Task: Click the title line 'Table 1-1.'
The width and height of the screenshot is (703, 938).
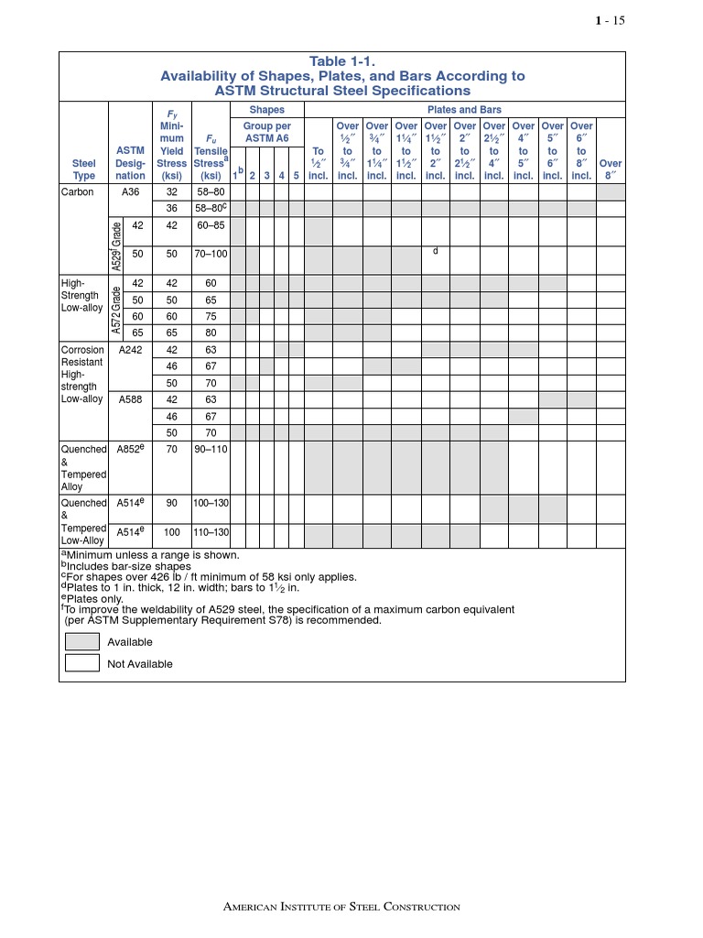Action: pos(342,60)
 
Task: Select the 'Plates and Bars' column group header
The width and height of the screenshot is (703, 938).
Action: pos(464,110)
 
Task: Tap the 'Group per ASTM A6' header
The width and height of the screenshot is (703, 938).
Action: pos(266,132)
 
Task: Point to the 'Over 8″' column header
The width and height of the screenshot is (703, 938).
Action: pos(611,169)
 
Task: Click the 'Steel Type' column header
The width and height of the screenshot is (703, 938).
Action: pos(83,169)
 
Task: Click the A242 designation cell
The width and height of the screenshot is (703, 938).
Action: pos(131,350)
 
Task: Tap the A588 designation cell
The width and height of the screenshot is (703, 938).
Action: pos(131,399)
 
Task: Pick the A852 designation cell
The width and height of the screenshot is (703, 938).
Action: pos(131,450)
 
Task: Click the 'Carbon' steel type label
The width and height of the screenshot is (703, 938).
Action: pos(78,193)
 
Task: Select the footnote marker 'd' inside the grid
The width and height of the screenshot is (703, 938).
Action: pos(436,250)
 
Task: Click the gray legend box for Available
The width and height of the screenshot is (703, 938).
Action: pos(82,642)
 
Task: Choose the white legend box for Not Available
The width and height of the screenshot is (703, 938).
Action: pos(82,664)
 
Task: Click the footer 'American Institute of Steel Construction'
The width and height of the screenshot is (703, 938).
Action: pos(342,907)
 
